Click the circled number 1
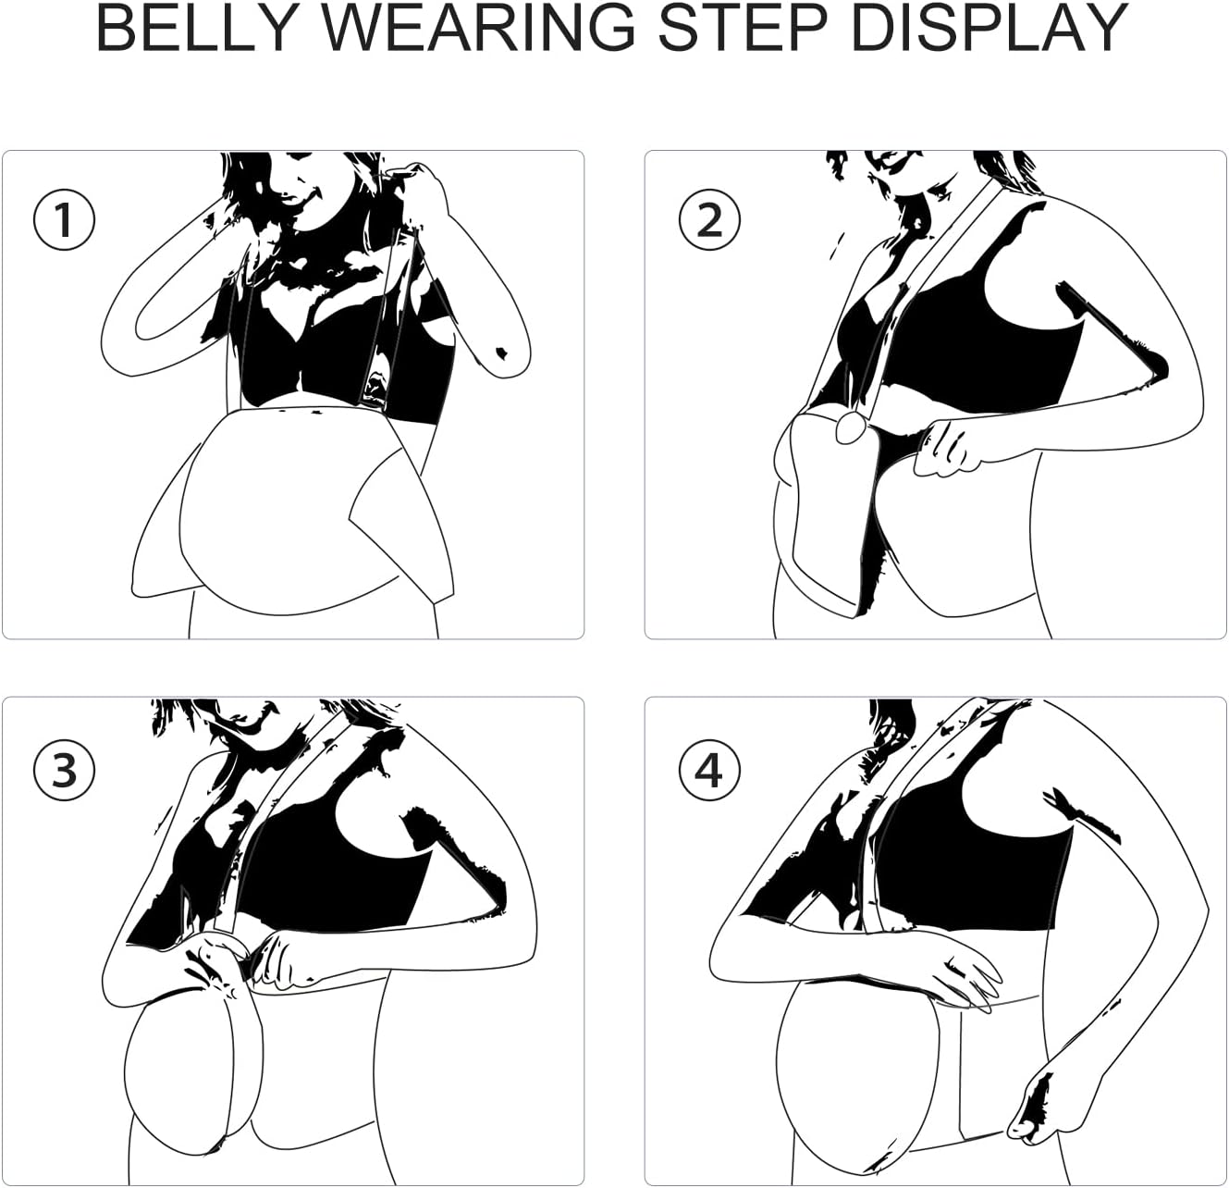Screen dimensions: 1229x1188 [64, 220]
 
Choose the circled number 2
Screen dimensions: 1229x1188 [709, 220]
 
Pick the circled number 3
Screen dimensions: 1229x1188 [64, 771]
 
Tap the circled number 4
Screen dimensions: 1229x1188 [709, 771]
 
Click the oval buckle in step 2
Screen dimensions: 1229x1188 [851, 429]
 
